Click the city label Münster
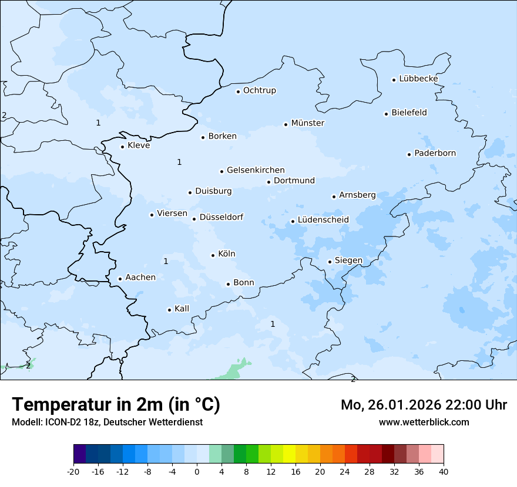[x=307, y=123]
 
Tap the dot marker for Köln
[x=213, y=255]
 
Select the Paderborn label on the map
[x=435, y=153]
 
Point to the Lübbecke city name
[x=418, y=79]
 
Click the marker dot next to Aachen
[x=120, y=279]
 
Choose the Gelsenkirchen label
[x=256, y=170]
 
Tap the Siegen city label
[x=348, y=261]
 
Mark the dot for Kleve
[x=122, y=147]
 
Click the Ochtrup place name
[x=259, y=90]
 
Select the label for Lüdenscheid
[x=323, y=220]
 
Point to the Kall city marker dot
[x=169, y=310]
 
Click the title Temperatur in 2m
[x=116, y=405]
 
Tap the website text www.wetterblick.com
[x=424, y=422]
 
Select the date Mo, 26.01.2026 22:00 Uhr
[x=424, y=405]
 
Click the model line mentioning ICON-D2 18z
[x=107, y=422]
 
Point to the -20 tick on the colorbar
[x=73, y=471]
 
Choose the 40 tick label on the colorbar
[x=444, y=471]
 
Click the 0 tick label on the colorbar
[x=197, y=471]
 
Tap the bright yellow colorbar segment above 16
[x=289, y=454]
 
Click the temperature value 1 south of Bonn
[x=273, y=324]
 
